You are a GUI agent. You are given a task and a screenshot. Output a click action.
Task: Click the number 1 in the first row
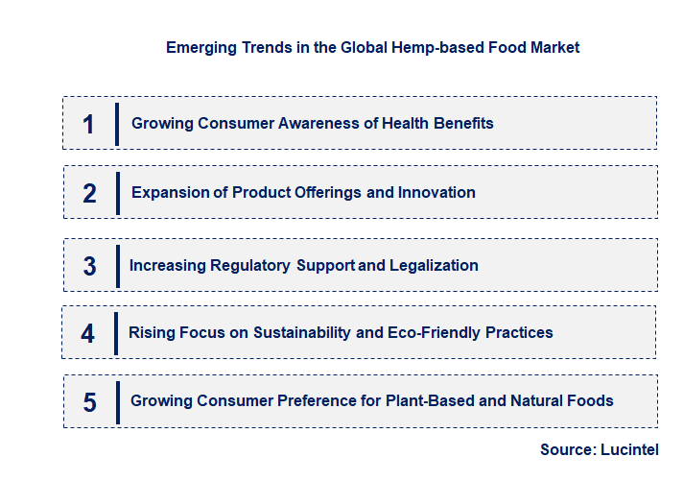coord(88,124)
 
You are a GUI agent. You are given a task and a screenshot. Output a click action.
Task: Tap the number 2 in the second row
coord(89,193)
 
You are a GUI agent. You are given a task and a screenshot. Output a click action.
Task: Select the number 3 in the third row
coord(89,266)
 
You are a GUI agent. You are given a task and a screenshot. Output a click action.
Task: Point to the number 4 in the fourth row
coord(88,333)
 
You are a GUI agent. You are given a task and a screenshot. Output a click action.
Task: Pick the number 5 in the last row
coord(89,402)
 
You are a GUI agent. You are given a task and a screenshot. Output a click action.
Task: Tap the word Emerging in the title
coord(198,47)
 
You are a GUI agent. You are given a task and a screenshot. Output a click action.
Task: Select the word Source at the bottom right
coord(568,450)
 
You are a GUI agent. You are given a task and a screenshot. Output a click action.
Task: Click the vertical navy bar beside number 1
coord(116,124)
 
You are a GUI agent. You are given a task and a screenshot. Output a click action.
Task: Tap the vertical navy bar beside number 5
coord(117,402)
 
